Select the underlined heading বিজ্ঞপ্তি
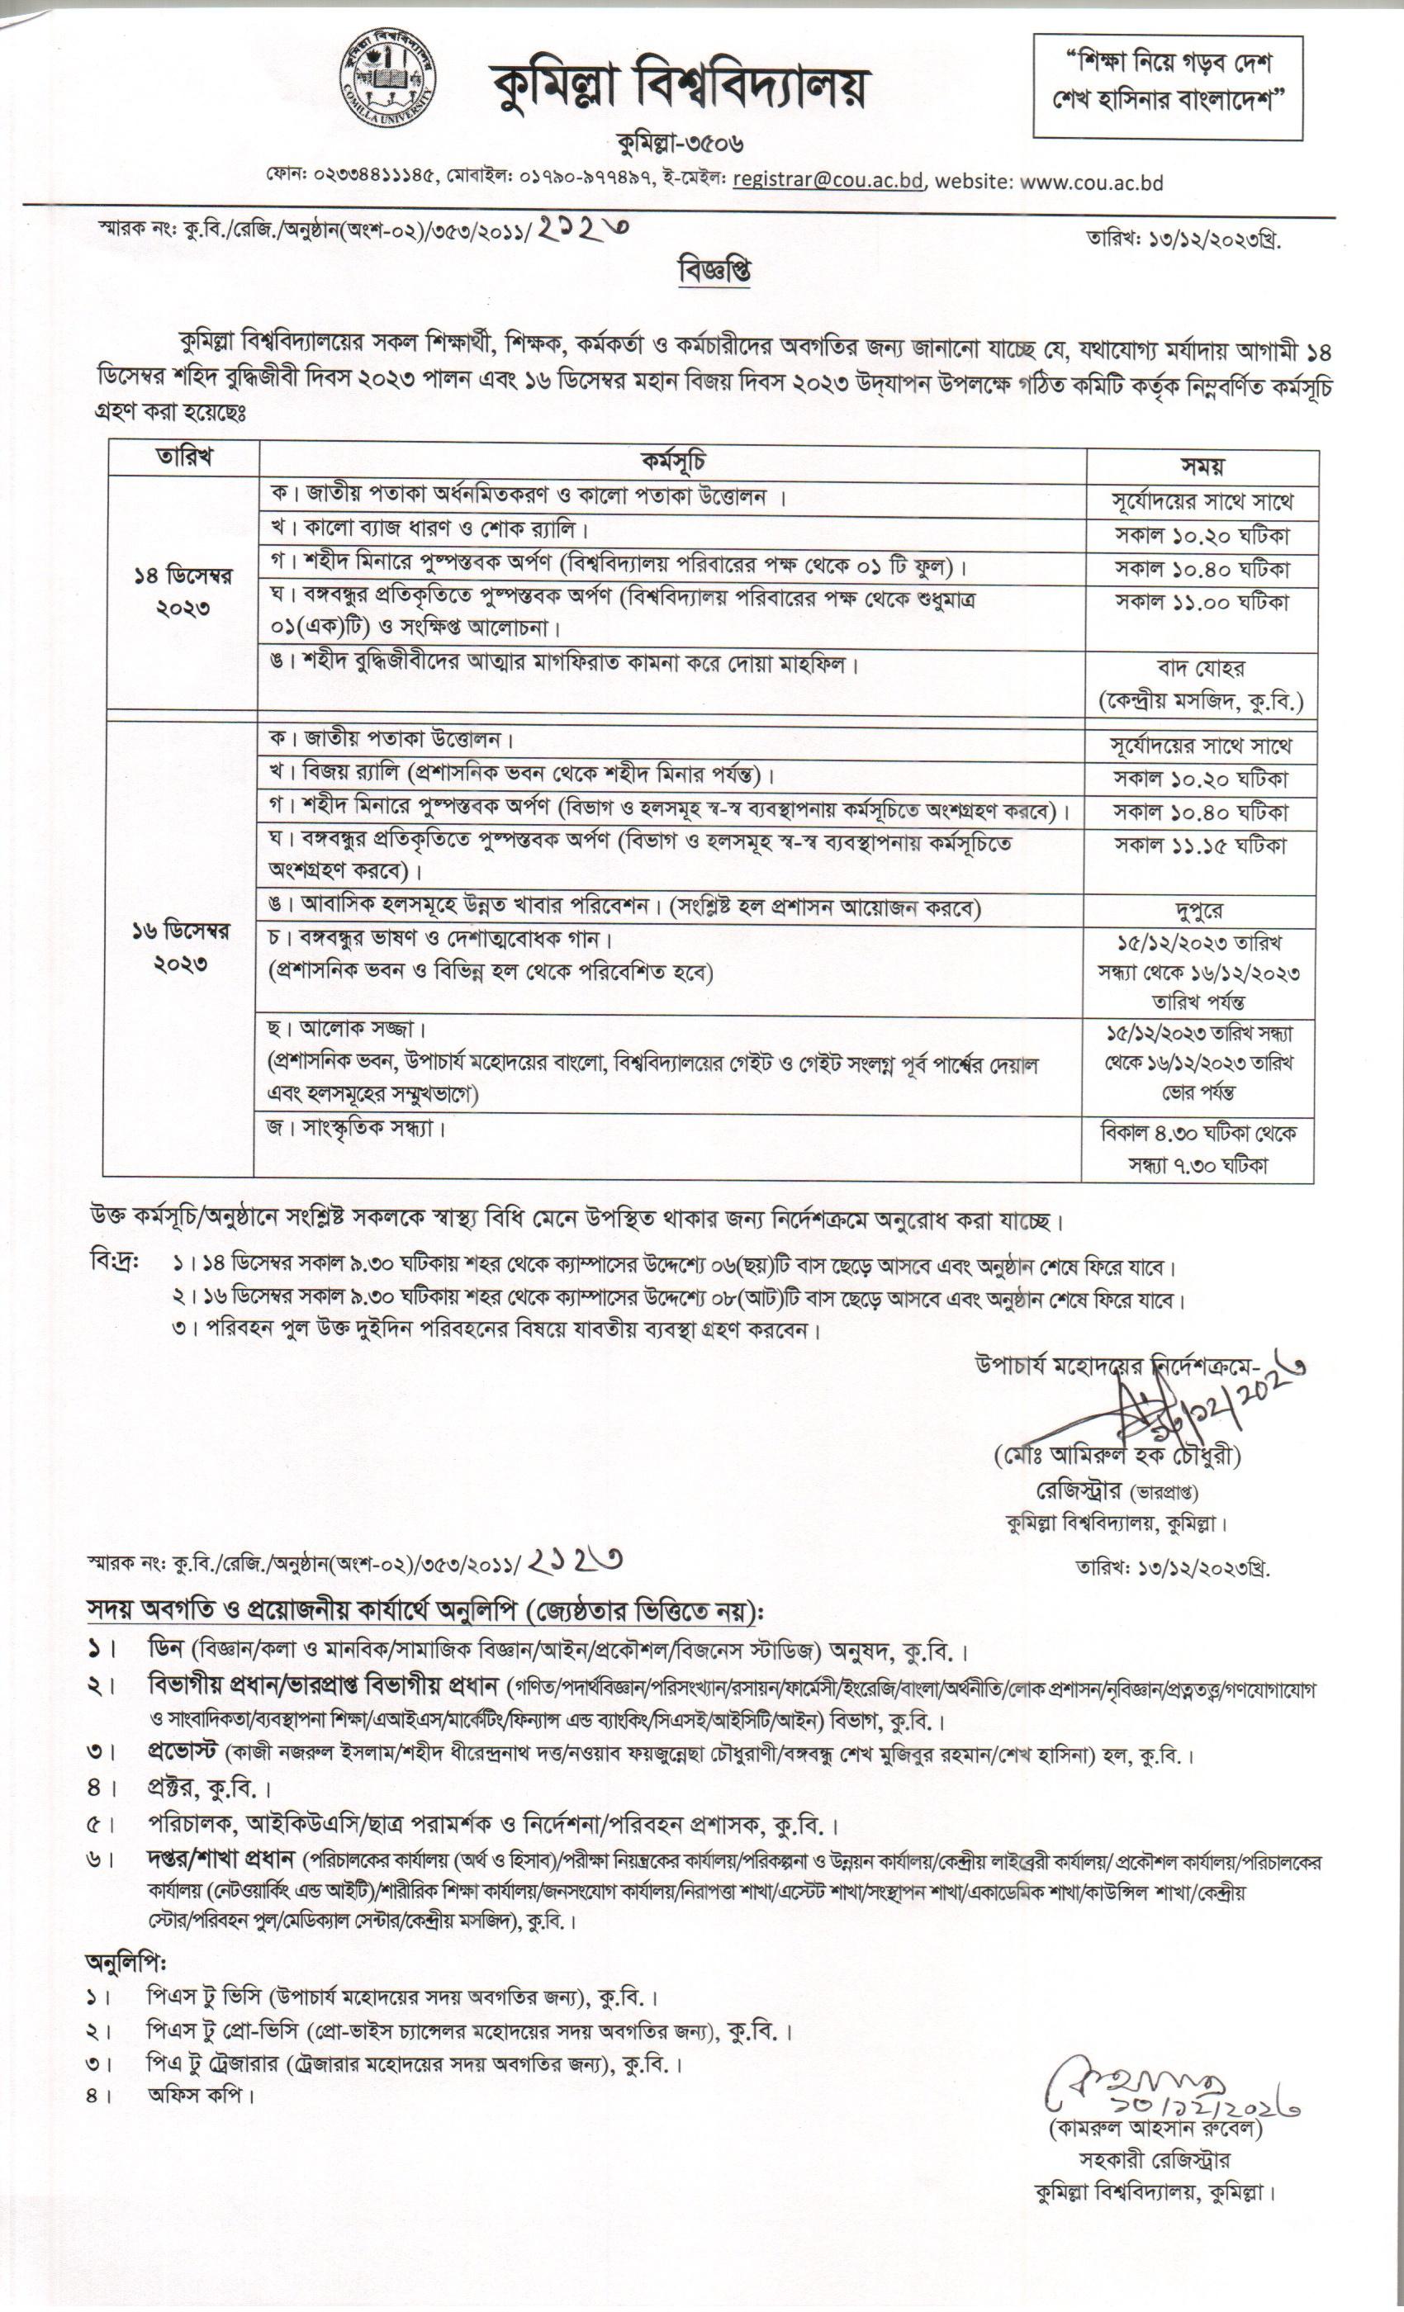pos(715,272)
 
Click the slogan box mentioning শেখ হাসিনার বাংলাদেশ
pos(1168,88)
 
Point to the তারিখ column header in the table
pos(183,458)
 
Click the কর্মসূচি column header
pos(673,461)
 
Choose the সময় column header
pos(1202,464)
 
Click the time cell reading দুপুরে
pos(1198,910)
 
